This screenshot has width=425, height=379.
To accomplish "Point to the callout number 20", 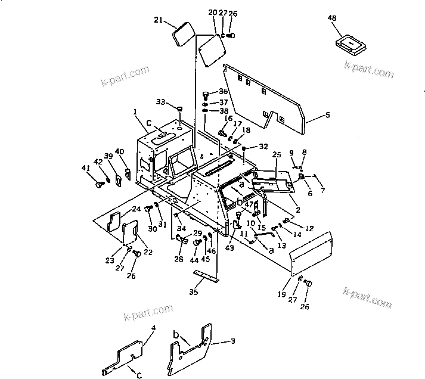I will click(213, 13).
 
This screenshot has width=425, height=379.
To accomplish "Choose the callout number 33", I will click(160, 102).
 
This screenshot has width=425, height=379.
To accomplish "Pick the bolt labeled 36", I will click(207, 93).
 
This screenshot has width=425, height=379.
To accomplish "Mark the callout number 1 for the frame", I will click(135, 112).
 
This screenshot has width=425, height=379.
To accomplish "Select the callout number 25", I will click(276, 155).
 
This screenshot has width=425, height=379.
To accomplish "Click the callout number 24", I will click(136, 209).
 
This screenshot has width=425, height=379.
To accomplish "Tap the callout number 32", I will click(263, 146).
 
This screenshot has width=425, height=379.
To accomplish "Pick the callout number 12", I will click(309, 228).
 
